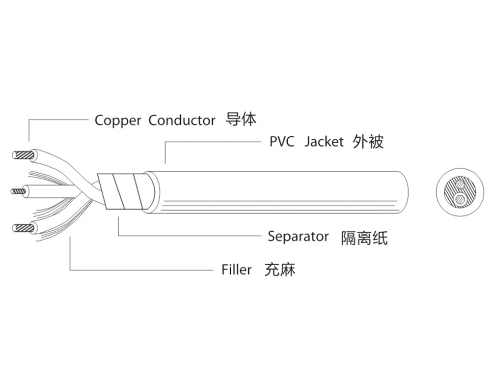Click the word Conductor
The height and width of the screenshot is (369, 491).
(182, 120)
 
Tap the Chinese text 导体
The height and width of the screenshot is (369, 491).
(241, 120)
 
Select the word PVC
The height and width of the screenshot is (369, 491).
(282, 142)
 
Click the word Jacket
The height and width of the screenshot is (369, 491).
(324, 142)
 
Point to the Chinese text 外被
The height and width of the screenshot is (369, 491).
(368, 142)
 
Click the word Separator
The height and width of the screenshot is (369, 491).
(298, 237)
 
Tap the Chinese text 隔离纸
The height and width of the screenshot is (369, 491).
(364, 238)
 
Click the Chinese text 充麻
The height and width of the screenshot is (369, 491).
(280, 270)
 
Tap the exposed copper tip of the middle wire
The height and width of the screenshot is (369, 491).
(18, 191)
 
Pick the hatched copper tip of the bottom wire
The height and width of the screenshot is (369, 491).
(23, 228)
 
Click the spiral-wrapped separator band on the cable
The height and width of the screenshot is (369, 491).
(123, 191)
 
